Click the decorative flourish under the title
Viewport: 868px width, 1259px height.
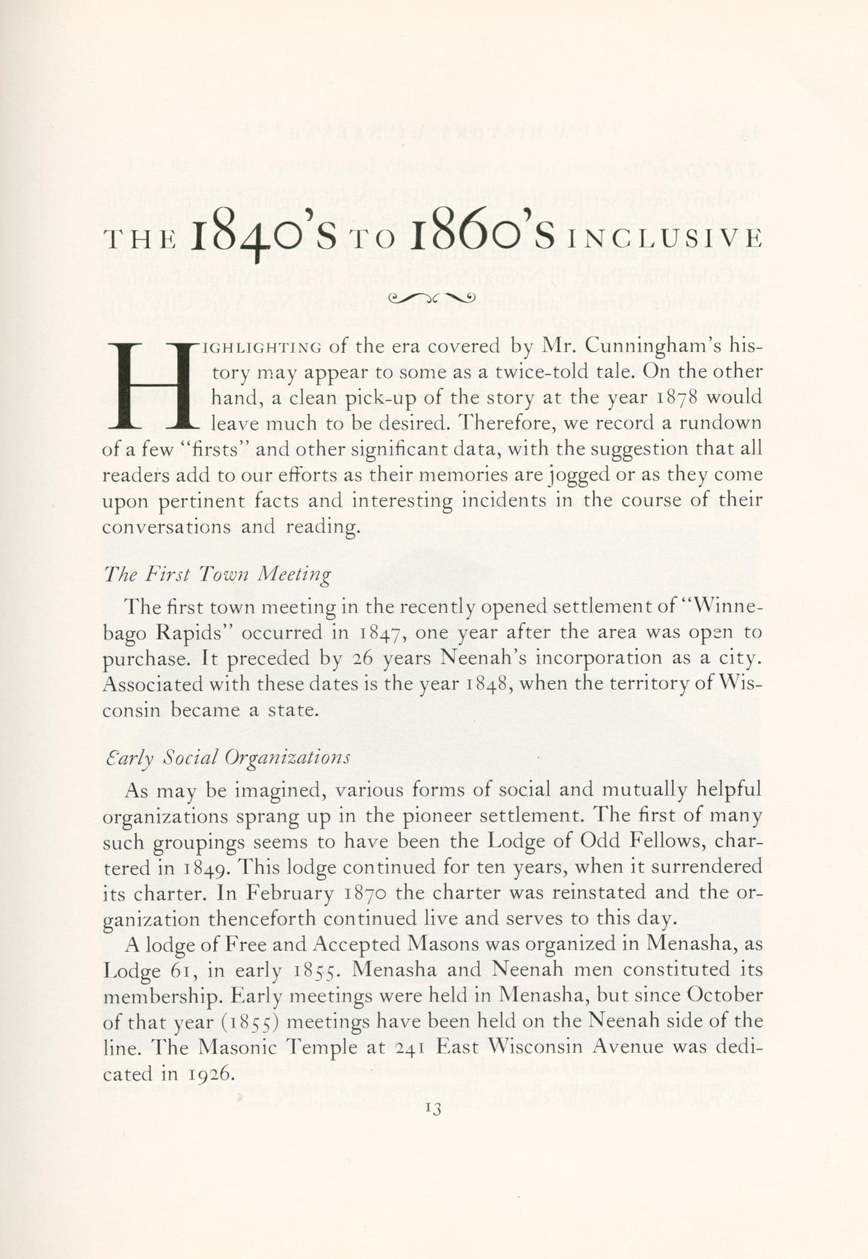tap(433, 297)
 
